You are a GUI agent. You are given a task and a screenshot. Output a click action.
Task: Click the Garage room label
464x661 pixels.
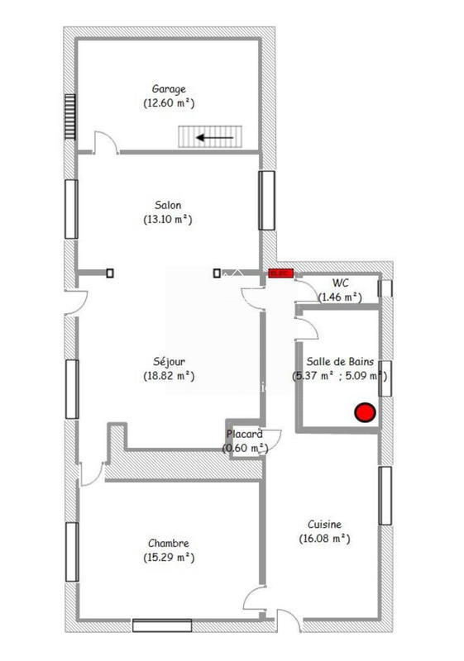168,88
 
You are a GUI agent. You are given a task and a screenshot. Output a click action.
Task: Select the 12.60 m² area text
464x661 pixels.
168,103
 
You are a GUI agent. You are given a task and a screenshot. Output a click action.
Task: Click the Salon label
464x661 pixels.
168,205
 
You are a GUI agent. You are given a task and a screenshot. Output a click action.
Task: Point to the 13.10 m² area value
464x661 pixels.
168,220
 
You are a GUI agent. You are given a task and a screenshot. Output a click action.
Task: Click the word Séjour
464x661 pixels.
168,361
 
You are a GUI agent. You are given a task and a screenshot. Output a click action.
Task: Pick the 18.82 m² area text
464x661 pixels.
168,376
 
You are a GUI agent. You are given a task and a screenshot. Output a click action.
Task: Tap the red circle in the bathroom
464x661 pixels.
364,411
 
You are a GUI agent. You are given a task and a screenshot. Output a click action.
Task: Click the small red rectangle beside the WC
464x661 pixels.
280,272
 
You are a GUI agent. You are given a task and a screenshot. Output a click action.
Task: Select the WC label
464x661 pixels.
340,283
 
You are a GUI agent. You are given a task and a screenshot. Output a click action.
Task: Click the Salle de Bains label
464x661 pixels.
340,361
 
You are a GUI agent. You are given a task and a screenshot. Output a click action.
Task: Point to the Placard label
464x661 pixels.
245,434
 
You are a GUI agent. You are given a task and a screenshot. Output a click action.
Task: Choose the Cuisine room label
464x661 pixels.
324,524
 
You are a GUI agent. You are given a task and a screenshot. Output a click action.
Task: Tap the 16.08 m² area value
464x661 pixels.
324,539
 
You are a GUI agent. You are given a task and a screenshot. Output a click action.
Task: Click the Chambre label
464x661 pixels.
168,543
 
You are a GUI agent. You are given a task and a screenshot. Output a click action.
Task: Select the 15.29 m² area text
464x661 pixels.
168,558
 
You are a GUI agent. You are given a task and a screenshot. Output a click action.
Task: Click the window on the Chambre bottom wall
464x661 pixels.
162,625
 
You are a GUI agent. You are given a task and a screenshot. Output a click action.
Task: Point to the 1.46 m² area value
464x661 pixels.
340,296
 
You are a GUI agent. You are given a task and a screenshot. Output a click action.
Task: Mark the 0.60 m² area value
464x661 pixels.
245,448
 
